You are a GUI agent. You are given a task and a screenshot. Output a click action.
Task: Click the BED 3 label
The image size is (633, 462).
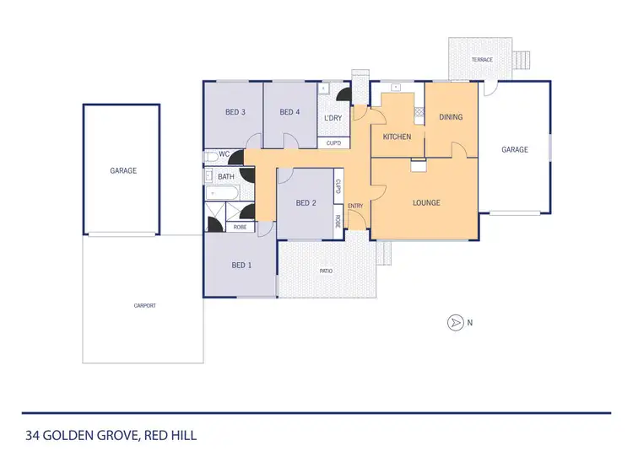235,112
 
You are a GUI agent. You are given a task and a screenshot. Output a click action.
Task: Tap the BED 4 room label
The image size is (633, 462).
289,112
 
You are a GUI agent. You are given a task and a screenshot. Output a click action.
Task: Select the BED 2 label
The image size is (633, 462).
306,202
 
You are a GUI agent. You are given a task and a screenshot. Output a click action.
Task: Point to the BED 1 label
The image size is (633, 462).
241,266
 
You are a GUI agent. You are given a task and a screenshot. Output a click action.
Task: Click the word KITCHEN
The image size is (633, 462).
397,137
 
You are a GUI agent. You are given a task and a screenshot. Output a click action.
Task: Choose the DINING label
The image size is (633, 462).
451,117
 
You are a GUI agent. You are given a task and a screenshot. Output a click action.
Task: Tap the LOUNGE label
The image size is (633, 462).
426,202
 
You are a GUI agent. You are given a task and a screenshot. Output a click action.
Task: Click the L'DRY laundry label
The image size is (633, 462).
333,118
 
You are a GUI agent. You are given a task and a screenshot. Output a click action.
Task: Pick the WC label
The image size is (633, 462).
224,154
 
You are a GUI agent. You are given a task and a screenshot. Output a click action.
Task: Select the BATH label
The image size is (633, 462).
226,176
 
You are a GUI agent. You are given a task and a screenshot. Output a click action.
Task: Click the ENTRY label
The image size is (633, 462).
355,206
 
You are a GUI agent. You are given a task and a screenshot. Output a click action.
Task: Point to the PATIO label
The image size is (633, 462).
326,271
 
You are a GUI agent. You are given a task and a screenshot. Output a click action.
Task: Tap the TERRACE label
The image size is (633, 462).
482,60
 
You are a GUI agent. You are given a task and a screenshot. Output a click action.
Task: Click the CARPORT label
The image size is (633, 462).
144,305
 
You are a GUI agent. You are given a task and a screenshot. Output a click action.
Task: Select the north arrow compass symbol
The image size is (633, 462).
455,322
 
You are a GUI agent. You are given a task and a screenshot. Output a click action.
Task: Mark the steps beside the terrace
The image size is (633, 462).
517,61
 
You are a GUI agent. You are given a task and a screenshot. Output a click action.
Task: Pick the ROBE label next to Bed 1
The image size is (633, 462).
240,227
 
